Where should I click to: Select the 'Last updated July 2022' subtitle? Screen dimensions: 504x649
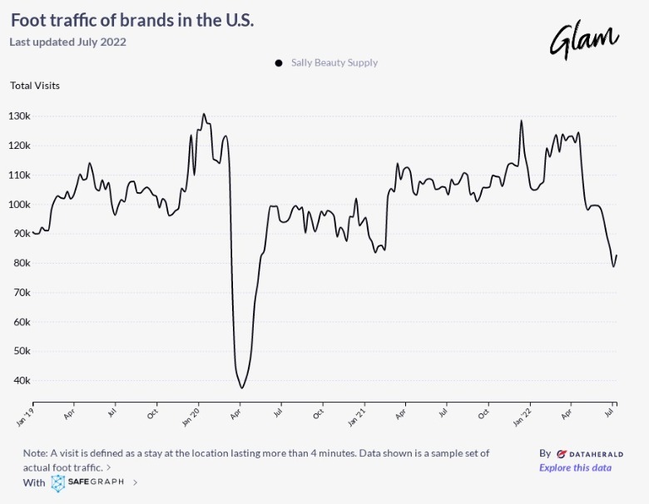point(68,42)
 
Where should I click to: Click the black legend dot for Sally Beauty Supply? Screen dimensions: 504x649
point(279,62)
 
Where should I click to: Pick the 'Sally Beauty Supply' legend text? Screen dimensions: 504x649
point(334,62)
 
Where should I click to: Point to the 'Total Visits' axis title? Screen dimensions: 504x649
point(35,85)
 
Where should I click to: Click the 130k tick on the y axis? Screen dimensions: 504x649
point(19,116)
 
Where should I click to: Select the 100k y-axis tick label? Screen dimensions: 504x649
point(19,204)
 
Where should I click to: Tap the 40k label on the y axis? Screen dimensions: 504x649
point(22,380)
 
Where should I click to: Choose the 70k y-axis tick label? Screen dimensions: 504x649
point(22,292)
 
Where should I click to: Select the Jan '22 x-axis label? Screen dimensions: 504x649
point(523,416)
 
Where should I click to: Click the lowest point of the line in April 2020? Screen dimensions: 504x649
point(242,388)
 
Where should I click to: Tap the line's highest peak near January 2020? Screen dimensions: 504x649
point(204,114)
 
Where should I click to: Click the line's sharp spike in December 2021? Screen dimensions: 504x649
point(522,121)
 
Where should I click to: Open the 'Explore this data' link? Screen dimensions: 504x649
point(575,467)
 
